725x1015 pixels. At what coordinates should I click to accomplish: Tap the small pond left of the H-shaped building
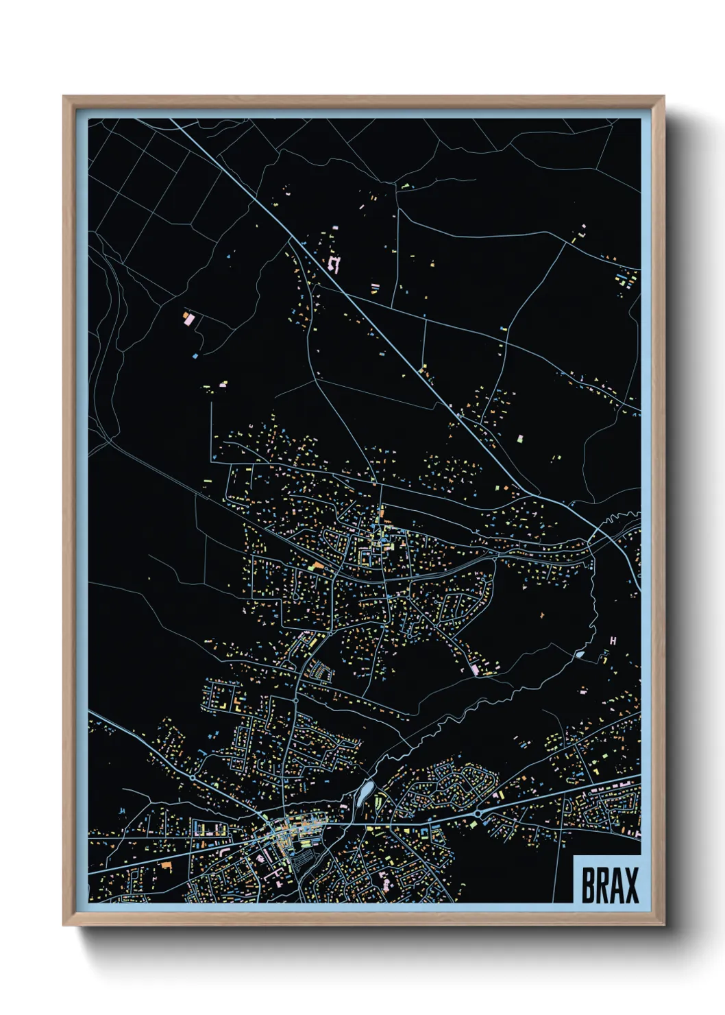(x=580, y=654)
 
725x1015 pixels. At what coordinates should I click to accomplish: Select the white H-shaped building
(x=613, y=641)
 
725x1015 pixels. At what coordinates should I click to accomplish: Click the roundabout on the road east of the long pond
(x=478, y=813)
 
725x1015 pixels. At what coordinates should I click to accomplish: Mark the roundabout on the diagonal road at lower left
(x=193, y=779)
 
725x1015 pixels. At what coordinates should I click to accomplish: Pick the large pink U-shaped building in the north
(x=334, y=264)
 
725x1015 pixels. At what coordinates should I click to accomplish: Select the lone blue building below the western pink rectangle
(x=195, y=356)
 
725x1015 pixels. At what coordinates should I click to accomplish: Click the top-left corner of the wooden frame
(x=64, y=97)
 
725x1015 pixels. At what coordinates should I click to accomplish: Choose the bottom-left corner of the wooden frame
(x=64, y=925)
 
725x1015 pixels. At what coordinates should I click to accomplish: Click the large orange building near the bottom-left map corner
(x=166, y=866)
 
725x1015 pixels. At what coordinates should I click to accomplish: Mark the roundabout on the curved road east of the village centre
(x=495, y=560)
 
